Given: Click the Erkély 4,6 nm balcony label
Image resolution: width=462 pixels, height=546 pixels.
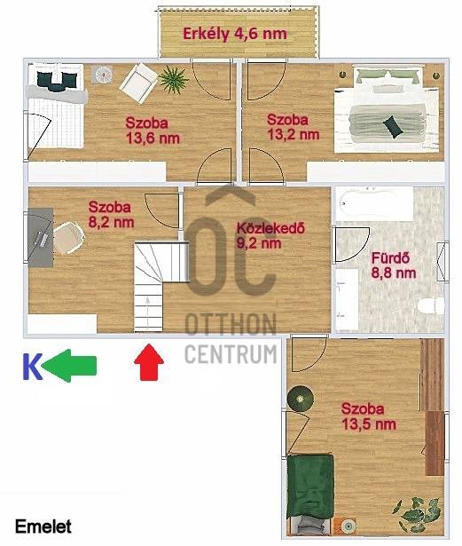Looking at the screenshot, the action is point(235,34).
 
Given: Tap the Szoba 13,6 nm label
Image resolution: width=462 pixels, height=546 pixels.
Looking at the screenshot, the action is point(153,131).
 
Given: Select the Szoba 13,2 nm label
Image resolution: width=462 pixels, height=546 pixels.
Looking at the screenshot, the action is point(293,127).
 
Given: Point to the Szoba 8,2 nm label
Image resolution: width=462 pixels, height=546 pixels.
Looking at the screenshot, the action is point(111,215).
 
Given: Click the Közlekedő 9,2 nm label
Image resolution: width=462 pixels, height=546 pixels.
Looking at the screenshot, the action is point(270,235).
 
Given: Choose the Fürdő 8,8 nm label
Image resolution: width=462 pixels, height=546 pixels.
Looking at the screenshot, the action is point(394,265).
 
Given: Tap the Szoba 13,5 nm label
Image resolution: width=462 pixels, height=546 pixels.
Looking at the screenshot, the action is point(368,416).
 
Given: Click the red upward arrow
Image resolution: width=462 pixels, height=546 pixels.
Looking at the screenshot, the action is point(149,362).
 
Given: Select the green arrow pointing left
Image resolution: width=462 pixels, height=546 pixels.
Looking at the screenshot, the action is point(69,366).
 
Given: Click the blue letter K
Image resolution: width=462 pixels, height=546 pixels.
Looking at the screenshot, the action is point(32,367).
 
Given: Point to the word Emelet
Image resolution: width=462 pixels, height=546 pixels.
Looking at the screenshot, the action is point(43,526).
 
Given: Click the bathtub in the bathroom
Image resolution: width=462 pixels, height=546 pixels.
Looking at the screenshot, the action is point(375,203).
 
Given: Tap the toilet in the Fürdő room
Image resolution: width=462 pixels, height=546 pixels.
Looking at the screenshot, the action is point(431,305).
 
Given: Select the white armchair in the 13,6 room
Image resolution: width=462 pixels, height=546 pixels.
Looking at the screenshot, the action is point(138,83).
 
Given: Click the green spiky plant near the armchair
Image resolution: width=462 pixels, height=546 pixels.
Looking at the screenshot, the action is point(173,80).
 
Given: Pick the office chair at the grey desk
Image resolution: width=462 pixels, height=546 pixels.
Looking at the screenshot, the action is point(69,237).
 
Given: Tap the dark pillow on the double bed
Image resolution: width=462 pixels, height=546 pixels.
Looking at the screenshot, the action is point(393,126).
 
